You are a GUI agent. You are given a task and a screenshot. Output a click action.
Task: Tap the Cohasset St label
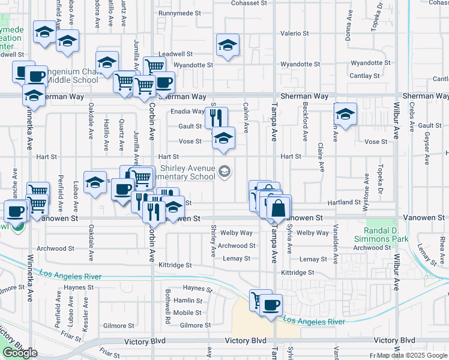(249, 3)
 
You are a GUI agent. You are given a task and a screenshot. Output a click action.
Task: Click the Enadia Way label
(187, 111)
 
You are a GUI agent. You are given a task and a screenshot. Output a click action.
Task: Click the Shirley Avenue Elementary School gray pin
(224, 172)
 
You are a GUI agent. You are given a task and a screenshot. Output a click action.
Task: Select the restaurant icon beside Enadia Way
(217, 116)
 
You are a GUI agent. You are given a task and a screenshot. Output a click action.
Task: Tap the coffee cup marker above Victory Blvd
(271, 305)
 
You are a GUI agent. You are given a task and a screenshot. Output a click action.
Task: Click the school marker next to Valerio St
(228, 46)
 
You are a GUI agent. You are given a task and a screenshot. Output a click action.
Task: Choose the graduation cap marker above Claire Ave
(345, 113)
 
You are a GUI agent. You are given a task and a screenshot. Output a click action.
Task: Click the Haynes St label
(194, 288)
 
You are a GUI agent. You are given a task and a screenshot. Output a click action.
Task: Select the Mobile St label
(187, 313)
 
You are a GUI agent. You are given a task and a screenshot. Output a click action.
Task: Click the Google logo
(20, 353)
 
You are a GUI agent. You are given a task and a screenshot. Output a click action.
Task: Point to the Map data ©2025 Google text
(413, 356)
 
